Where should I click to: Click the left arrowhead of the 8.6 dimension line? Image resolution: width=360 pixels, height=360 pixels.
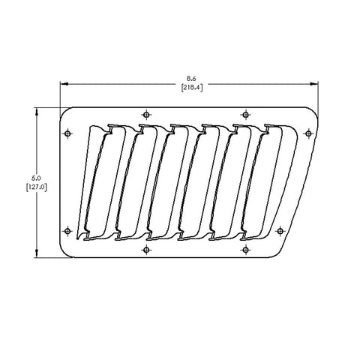click(x=64, y=82)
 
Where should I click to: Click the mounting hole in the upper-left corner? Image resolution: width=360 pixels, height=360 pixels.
click(x=67, y=133)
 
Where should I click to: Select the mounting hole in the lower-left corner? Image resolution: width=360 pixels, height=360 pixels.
click(x=67, y=230)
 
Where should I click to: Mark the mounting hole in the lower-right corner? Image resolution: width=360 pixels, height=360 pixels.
click(x=280, y=230)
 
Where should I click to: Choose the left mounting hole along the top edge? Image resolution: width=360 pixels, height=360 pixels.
click(x=145, y=115)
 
